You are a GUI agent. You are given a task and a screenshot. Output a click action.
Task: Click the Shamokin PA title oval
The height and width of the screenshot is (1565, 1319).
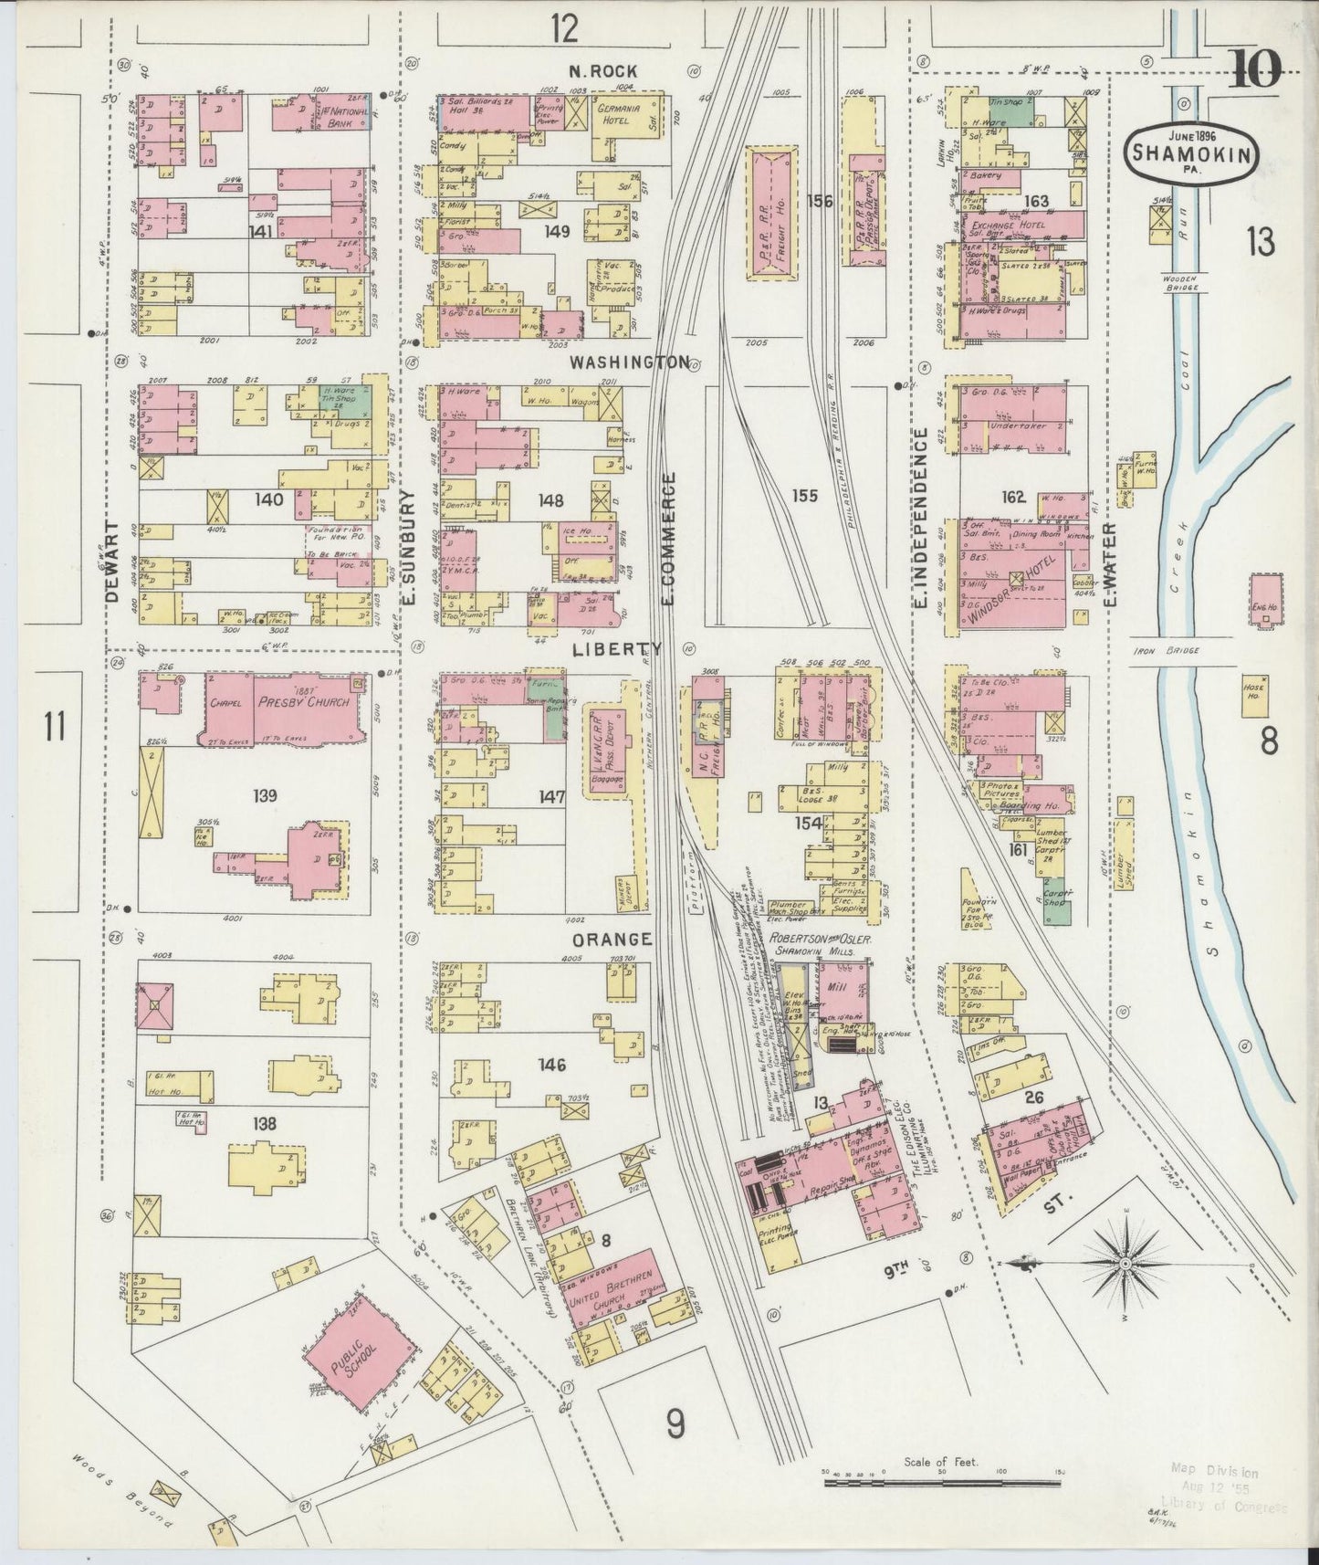[1191, 151]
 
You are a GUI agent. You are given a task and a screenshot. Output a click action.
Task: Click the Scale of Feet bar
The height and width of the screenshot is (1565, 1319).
[940, 1484]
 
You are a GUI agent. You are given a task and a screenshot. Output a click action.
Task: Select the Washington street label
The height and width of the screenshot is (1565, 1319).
[629, 362]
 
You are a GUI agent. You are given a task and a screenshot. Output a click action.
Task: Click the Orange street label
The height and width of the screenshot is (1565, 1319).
[612, 940]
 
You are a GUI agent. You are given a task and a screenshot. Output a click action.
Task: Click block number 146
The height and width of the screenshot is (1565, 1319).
[551, 1065]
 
